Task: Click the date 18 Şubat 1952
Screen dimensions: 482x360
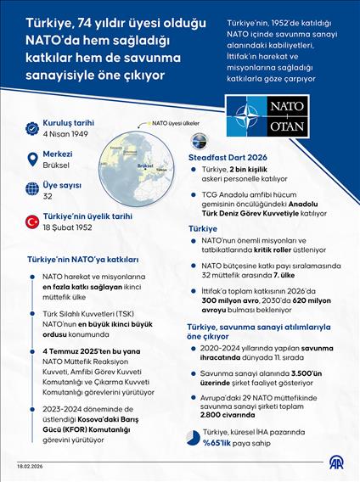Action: pyautogui.click(x=68, y=228)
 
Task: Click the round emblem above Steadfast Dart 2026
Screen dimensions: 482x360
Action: pyautogui.click(x=199, y=142)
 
